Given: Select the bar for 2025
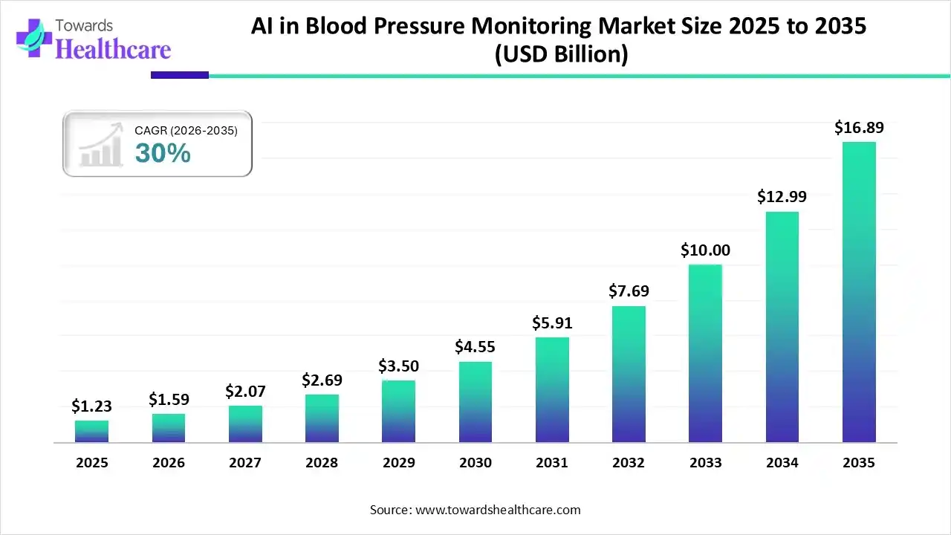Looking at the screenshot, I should [x=91, y=432].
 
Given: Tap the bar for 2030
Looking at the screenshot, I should [x=475, y=402].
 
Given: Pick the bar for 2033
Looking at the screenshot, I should [x=705, y=354].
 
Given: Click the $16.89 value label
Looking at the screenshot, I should [x=859, y=128].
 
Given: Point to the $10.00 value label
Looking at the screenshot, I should [x=705, y=250].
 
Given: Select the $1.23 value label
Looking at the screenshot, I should [x=91, y=406].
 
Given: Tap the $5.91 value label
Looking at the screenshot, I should [x=552, y=322].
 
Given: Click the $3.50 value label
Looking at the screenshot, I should [x=399, y=366].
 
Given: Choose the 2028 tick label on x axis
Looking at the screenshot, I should [x=322, y=463].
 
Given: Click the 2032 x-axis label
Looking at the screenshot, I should [x=629, y=463].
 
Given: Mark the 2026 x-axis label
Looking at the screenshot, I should [x=169, y=463].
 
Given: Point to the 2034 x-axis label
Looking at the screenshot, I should [x=782, y=463].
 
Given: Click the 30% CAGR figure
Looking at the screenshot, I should [x=163, y=153].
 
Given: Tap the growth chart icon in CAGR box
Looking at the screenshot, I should [x=100, y=145].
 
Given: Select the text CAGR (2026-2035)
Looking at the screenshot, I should [x=186, y=131].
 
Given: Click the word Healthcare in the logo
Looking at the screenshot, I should [x=113, y=49].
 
